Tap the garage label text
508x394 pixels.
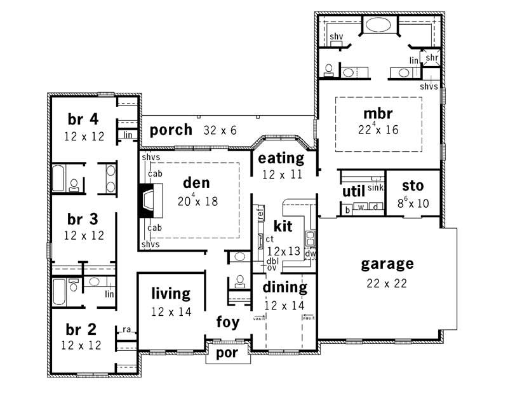[387, 263]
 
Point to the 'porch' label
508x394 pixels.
[171, 130]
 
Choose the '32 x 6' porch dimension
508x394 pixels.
[220, 130]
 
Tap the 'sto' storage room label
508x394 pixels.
[413, 186]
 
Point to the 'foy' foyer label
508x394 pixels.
[227, 322]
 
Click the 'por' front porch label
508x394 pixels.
[228, 353]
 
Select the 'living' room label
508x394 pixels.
[170, 294]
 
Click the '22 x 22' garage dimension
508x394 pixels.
[387, 283]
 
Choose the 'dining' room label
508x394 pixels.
[285, 287]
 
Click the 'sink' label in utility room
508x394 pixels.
[377, 189]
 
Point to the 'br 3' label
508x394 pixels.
[83, 219]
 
